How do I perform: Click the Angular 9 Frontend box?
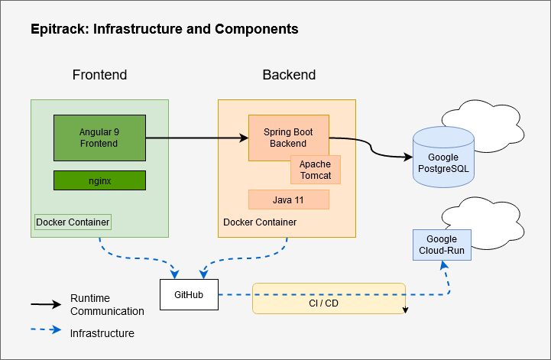click(99, 138)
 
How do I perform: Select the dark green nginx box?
click(99, 180)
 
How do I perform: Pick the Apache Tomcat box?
click(315, 170)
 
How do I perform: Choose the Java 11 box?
click(288, 199)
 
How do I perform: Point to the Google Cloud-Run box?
click(442, 245)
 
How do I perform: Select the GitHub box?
click(189, 295)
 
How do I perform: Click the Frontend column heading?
click(99, 75)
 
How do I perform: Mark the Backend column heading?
click(289, 75)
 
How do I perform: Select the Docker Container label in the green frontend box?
click(73, 222)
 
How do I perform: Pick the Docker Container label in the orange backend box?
click(259, 222)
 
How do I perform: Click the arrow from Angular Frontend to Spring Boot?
click(196, 138)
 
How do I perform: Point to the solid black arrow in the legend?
click(46, 304)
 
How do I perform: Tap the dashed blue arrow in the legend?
click(46, 331)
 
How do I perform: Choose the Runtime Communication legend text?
click(107, 304)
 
